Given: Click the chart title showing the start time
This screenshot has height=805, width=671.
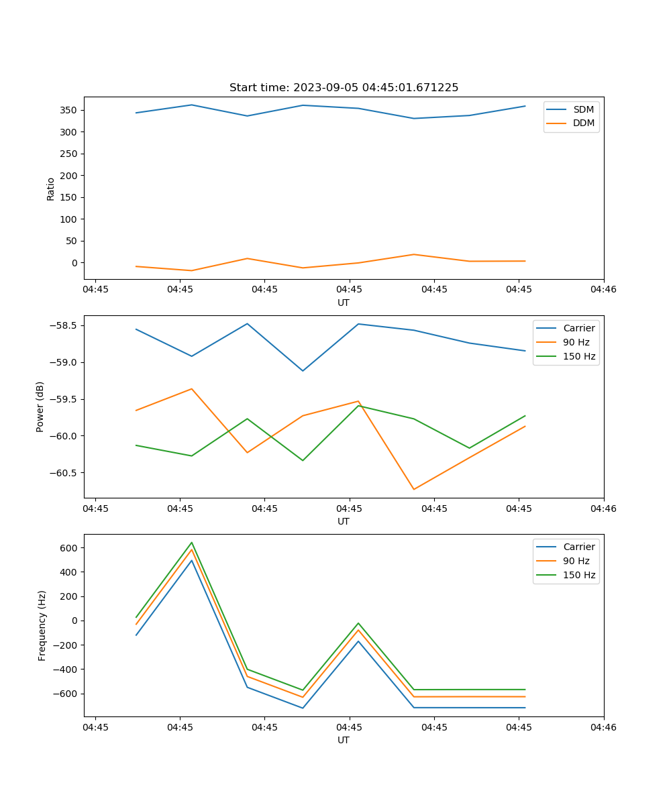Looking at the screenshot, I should pos(344,88).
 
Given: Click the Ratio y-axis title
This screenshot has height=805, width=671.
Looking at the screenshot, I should pos(51,189).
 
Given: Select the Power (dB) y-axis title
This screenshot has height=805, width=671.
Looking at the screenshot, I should pos(40,407).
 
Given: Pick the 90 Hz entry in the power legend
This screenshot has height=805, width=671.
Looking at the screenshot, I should pos(576,342).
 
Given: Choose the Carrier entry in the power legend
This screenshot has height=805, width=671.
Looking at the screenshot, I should pos(578,328).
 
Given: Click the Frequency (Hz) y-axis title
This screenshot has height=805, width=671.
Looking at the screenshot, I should pos(42,625).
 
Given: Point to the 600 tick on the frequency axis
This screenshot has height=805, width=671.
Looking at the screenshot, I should pos(70,547).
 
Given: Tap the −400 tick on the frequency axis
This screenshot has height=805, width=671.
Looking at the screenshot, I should pos(66,669).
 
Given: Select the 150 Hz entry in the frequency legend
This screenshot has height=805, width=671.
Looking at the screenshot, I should pos(579,575).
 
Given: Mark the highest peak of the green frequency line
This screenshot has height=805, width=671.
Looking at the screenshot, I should pos(192,542).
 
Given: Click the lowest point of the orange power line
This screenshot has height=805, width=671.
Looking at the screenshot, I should pos(414,489).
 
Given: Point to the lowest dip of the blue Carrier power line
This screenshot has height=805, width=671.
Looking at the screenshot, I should pos(303,371).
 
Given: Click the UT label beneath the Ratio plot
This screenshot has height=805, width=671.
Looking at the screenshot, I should pos(344,303).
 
